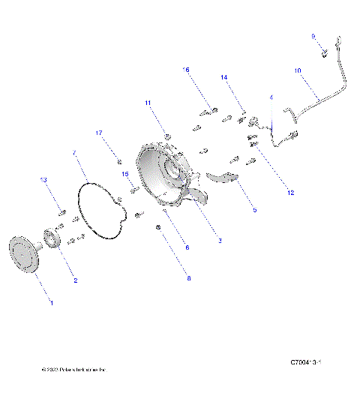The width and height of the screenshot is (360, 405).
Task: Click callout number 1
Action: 51,302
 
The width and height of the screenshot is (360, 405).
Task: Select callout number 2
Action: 74,280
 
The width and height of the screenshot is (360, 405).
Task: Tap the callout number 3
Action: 219,241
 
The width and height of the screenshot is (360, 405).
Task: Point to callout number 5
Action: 254,210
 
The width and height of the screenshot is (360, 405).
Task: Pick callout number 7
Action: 74,153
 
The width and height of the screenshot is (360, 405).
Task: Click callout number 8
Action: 188,278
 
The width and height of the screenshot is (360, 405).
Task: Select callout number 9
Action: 313,35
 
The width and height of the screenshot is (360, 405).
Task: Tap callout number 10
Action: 298,70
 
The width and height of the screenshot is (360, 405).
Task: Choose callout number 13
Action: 43,180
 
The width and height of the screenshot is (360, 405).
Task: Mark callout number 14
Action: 223,77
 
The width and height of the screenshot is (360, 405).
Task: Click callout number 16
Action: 186,69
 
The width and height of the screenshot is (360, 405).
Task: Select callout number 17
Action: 98,133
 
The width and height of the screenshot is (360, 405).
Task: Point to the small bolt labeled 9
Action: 322,52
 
